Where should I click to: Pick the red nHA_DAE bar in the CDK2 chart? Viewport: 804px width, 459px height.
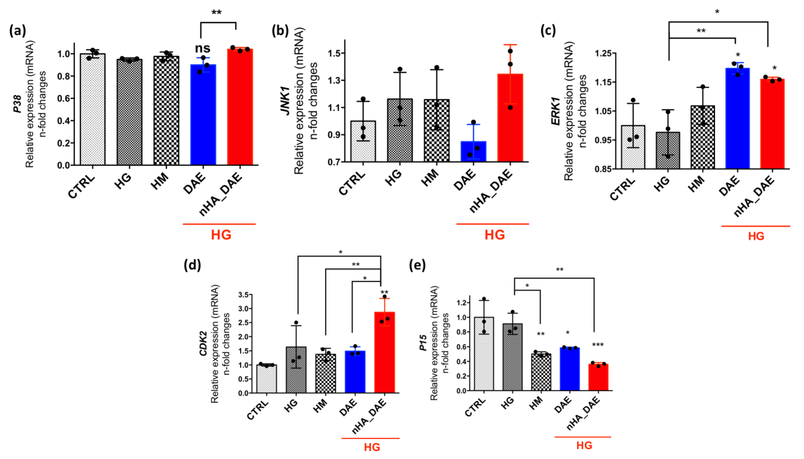tap(384, 352)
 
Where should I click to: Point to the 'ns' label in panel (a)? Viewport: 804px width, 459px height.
tap(202, 48)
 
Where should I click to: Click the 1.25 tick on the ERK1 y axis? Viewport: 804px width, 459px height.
tap(605, 53)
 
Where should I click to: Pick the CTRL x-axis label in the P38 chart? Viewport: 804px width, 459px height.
tap(81, 186)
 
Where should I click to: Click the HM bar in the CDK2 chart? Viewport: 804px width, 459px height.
tap(325, 374)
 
